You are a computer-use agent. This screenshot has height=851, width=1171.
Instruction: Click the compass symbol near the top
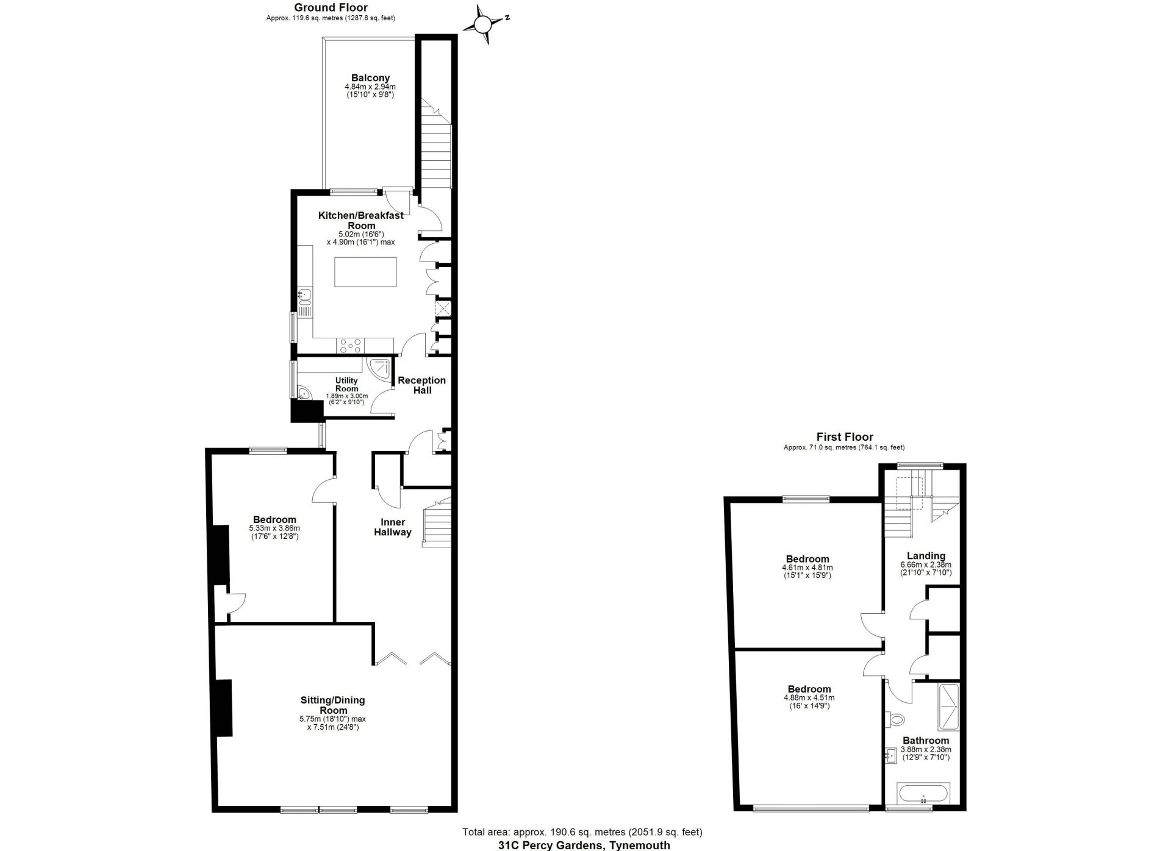pyautogui.click(x=482, y=24)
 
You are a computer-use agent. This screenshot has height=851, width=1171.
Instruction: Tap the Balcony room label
pyautogui.click(x=370, y=78)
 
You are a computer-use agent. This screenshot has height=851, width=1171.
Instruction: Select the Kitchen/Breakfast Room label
pyautogui.click(x=361, y=220)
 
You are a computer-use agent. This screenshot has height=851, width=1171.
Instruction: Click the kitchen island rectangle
pyautogui.click(x=365, y=272)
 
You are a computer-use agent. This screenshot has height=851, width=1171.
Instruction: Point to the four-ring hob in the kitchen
pyautogui.click(x=350, y=346)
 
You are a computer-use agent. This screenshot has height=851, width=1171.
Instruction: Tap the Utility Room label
pyautogui.click(x=346, y=385)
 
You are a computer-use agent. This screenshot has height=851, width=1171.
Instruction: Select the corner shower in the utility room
pyautogui.click(x=379, y=369)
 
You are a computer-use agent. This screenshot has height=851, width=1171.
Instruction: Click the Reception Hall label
pyautogui.click(x=422, y=385)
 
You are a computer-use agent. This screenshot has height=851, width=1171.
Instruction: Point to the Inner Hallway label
pyautogui.click(x=393, y=527)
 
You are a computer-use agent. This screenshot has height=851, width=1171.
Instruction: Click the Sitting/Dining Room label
pyautogui.click(x=333, y=705)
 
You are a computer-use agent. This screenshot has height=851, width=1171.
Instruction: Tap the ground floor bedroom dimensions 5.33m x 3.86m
pyautogui.click(x=274, y=529)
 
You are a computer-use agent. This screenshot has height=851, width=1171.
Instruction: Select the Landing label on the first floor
pyautogui.click(x=926, y=556)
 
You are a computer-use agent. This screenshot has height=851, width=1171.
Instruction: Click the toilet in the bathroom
pyautogui.click(x=895, y=720)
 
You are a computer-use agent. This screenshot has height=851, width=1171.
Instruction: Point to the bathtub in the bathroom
pyautogui.click(x=923, y=794)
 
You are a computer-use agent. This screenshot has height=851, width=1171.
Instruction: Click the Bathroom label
pyautogui.click(x=926, y=741)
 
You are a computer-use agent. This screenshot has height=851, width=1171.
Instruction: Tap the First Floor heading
pyautogui.click(x=845, y=437)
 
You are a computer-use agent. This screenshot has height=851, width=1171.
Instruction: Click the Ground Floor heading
pyautogui.click(x=331, y=7)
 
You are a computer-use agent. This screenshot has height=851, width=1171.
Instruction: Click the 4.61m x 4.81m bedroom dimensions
pyautogui.click(x=807, y=568)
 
